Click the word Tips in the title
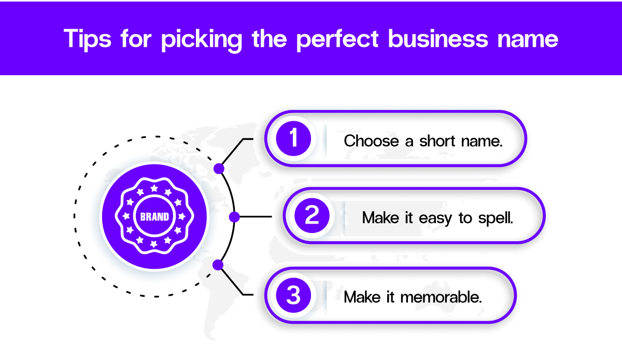88,39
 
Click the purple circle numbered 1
294,139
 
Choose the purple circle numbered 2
312,216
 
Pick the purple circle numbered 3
293,296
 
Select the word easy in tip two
435,217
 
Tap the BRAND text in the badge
154,217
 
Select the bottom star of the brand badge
154,245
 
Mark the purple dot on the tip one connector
219,169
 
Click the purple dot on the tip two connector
234,217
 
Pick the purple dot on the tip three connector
218,265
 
